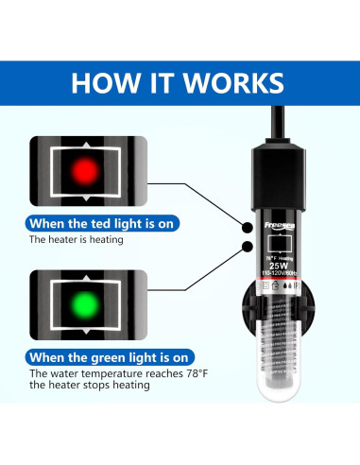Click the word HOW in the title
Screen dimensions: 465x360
(x=107, y=82)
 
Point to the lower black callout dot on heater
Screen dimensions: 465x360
(x=248, y=248)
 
